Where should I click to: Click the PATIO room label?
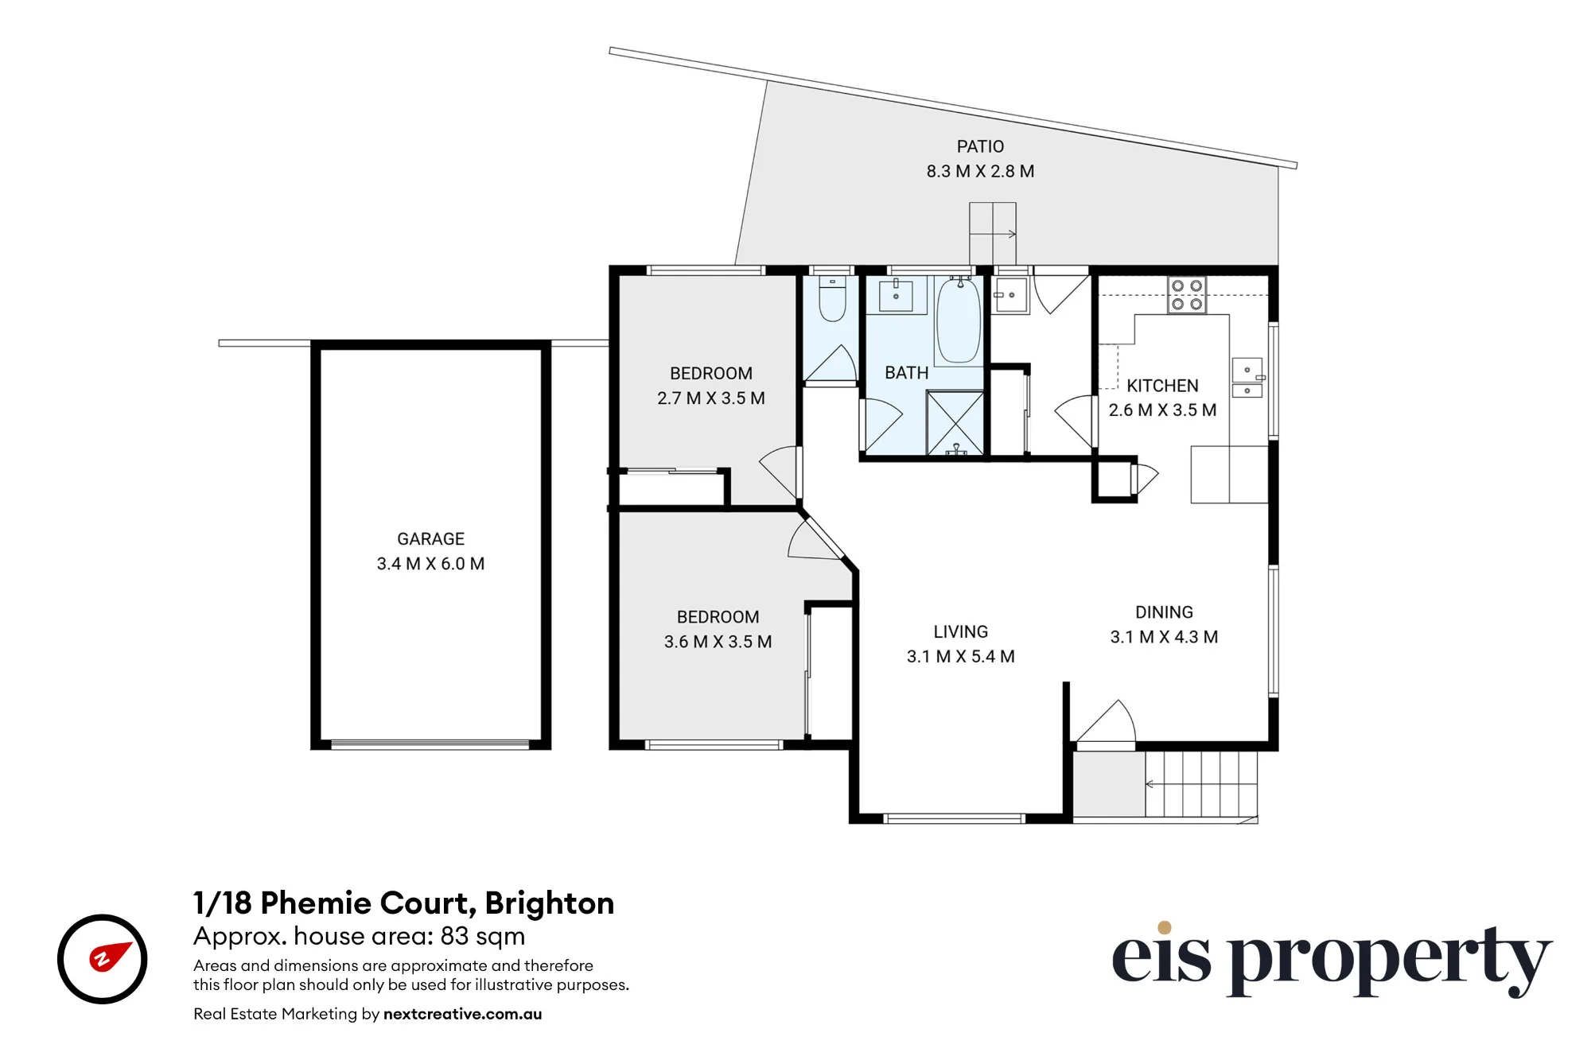point(980,147)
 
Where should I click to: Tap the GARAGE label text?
point(430,539)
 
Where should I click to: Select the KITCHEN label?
point(1162,386)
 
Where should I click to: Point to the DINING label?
point(1164,612)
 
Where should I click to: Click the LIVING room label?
point(961,632)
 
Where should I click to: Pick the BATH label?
point(906,373)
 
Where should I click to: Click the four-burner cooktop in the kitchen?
point(1187,295)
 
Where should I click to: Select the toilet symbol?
point(832,298)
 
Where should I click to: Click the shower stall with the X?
point(955,424)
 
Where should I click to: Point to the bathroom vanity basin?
point(896,295)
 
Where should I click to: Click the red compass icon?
point(102,959)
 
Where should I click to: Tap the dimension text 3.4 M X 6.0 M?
point(430,564)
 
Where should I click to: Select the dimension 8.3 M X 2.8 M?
point(980,172)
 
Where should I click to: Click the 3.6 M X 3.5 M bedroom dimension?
point(718,642)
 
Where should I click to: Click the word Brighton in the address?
point(549,903)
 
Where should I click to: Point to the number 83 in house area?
point(454,936)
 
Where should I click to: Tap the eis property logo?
point(1332,958)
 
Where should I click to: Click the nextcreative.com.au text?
point(462,1014)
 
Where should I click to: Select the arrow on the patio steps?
point(993,234)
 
